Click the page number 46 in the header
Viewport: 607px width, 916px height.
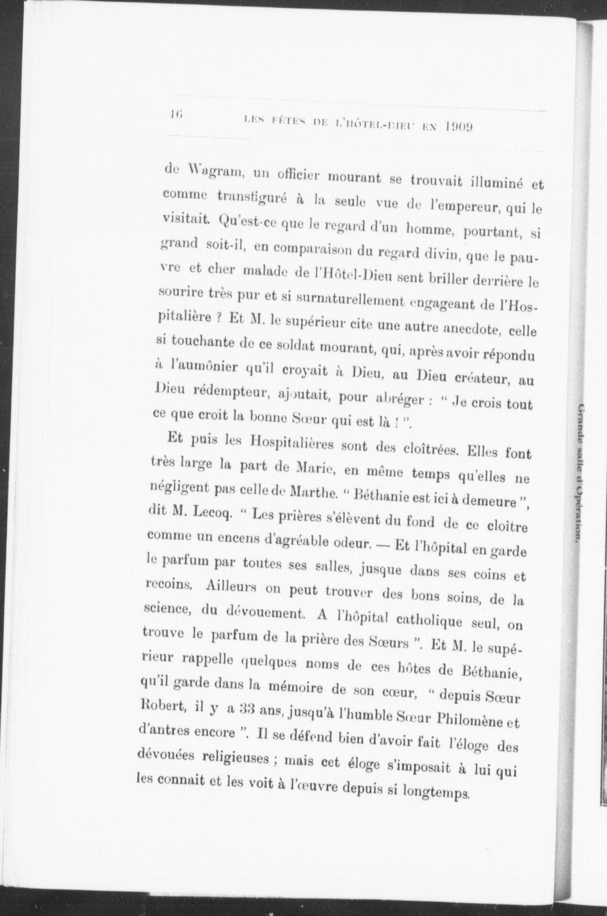(176, 114)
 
